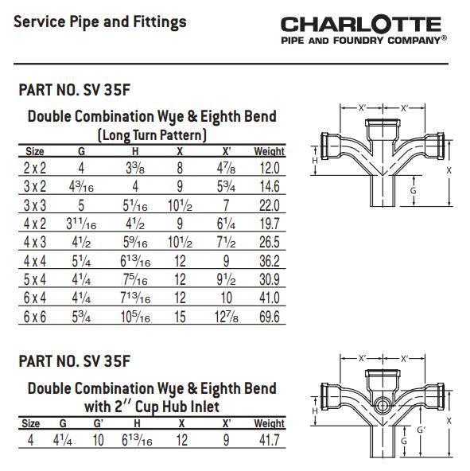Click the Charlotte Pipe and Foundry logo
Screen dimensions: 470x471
(363, 30)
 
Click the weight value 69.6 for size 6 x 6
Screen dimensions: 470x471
(270, 317)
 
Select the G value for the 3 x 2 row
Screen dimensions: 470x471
(81, 186)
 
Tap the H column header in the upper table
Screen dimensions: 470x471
(135, 151)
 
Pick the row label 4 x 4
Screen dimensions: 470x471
(35, 261)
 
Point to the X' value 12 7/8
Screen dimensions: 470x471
(227, 317)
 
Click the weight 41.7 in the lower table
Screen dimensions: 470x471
(270, 440)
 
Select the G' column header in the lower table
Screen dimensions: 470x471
(98, 423)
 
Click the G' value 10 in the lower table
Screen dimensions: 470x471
(98, 440)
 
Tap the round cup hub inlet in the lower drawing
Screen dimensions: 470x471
(383, 406)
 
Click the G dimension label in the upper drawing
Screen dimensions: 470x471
(414, 191)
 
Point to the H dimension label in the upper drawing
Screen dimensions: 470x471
(315, 161)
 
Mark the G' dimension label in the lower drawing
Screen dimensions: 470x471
(421, 430)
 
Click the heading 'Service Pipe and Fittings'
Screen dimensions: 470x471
(100, 22)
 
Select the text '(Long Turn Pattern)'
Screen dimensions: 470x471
(152, 135)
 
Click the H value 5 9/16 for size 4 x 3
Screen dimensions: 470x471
(135, 243)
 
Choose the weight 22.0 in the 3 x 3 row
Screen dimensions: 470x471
(270, 205)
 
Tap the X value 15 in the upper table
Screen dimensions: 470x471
(180, 317)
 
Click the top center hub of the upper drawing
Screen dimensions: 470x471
(383, 129)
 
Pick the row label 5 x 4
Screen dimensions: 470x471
(35, 279)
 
